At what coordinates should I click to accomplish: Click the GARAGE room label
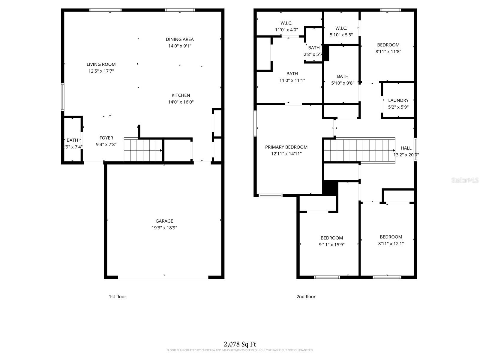164,221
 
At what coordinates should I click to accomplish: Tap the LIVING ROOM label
101,64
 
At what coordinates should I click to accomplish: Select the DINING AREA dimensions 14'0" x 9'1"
180,46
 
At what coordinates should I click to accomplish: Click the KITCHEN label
181,95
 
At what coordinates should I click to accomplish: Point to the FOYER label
106,138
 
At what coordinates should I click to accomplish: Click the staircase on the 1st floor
143,150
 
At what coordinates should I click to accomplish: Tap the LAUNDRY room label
398,100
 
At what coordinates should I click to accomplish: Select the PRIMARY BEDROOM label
286,147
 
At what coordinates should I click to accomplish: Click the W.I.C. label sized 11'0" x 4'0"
286,23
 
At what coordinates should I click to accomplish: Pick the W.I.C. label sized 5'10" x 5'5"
341,28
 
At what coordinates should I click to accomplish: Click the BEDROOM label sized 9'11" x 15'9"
331,238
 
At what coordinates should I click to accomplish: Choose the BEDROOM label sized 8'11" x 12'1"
391,237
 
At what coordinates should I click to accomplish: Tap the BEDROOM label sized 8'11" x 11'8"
388,45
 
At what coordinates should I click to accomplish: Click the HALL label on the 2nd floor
406,148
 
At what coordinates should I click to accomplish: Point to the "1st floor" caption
117,297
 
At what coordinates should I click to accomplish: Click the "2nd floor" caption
306,297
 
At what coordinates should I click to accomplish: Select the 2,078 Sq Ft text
240,344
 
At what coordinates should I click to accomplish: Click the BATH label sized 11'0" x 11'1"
292,74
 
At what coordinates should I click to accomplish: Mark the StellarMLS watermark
465,180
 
